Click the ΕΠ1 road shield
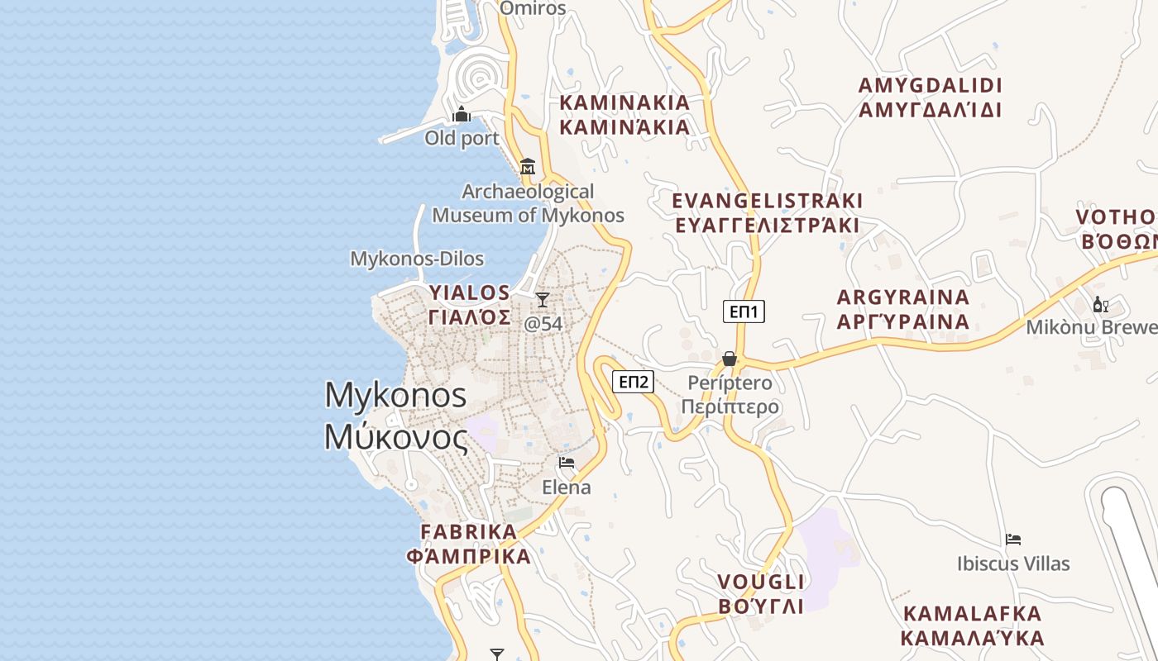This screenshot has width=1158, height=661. pyautogui.click(x=744, y=311)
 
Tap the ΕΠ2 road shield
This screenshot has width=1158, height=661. pyautogui.click(x=633, y=382)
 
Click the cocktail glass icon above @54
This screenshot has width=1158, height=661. pyautogui.click(x=543, y=299)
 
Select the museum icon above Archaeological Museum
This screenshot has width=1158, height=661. pyautogui.click(x=528, y=166)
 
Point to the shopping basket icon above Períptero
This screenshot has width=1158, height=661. pyautogui.click(x=730, y=359)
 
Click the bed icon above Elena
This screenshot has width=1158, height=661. pyautogui.click(x=567, y=463)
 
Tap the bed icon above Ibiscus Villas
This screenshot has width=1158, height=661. pyautogui.click(x=1013, y=540)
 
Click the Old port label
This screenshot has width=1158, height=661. pyautogui.click(x=462, y=138)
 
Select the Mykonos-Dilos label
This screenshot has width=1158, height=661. pyautogui.click(x=417, y=259)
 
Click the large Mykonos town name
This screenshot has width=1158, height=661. pyautogui.click(x=396, y=416)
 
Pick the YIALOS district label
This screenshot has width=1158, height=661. pyautogui.click(x=470, y=305)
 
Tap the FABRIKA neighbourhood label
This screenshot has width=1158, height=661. pyautogui.click(x=469, y=544)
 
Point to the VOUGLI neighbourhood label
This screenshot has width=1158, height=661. pyautogui.click(x=761, y=593)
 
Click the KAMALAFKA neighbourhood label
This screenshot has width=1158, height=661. pyautogui.click(x=972, y=625)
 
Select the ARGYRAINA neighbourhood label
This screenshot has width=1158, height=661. pyautogui.click(x=903, y=309)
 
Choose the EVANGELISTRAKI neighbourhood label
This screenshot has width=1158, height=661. pyautogui.click(x=767, y=212)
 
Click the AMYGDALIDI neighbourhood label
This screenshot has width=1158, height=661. pyautogui.click(x=931, y=97)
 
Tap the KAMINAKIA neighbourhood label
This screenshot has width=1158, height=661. pyautogui.click(x=625, y=114)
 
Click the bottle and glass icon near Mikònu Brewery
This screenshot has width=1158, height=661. pyautogui.click(x=1100, y=304)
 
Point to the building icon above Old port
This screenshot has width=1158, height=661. pyautogui.click(x=462, y=113)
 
